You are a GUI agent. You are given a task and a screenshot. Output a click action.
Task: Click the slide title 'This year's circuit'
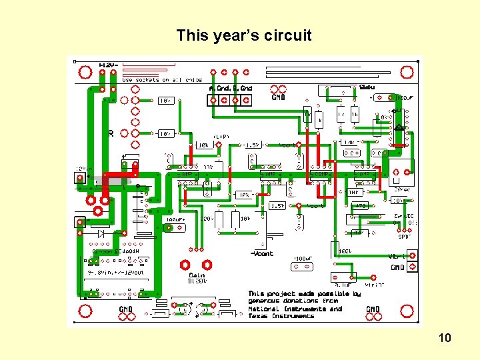[x=243, y=35]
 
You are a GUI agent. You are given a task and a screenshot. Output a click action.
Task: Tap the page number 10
[x=445, y=338]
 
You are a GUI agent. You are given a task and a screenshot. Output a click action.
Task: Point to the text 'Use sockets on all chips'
[x=161, y=80]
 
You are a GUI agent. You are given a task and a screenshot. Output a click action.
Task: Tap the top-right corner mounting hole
[x=403, y=72]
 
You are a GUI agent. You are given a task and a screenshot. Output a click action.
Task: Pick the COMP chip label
[x=323, y=174]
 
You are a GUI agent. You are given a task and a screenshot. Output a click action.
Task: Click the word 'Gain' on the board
[x=197, y=275]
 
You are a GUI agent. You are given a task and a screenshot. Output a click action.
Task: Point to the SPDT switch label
[x=404, y=236]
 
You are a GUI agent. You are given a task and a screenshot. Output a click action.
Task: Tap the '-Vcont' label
[x=262, y=253]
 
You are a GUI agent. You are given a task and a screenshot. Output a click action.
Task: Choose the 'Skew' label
[x=366, y=87]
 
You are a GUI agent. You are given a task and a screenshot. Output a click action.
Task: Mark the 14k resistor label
[x=349, y=142]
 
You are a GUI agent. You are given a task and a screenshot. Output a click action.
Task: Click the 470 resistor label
[x=360, y=205]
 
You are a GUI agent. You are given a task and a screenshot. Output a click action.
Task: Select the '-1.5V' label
[x=251, y=145]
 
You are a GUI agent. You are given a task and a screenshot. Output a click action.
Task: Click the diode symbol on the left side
[x=101, y=233]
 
